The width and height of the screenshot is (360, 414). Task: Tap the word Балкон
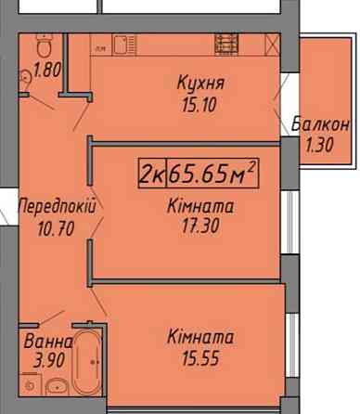pyautogui.click(x=319, y=124)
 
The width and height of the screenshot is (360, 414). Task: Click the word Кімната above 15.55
pyautogui.click(x=201, y=336)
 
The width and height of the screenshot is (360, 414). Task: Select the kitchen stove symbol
pyautogui.click(x=228, y=43)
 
